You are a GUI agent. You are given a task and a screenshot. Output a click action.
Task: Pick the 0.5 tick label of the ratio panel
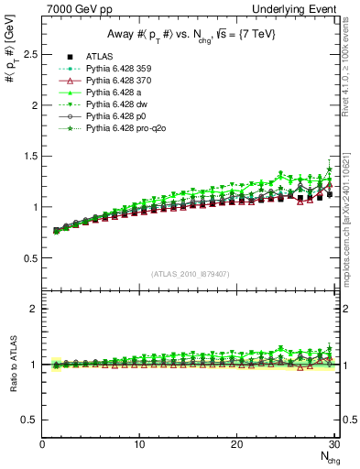pos(31,420)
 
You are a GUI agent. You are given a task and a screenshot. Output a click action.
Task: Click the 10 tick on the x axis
pos(139,445)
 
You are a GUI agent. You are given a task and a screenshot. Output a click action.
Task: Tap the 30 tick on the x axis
pos(333,445)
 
